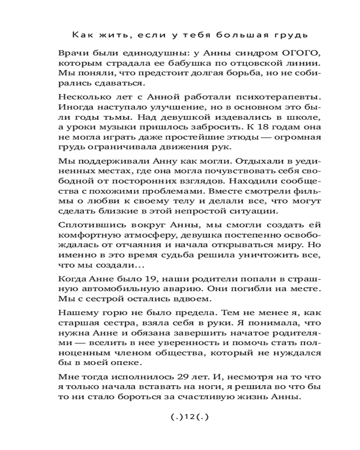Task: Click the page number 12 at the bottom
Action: (x=190, y=417)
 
